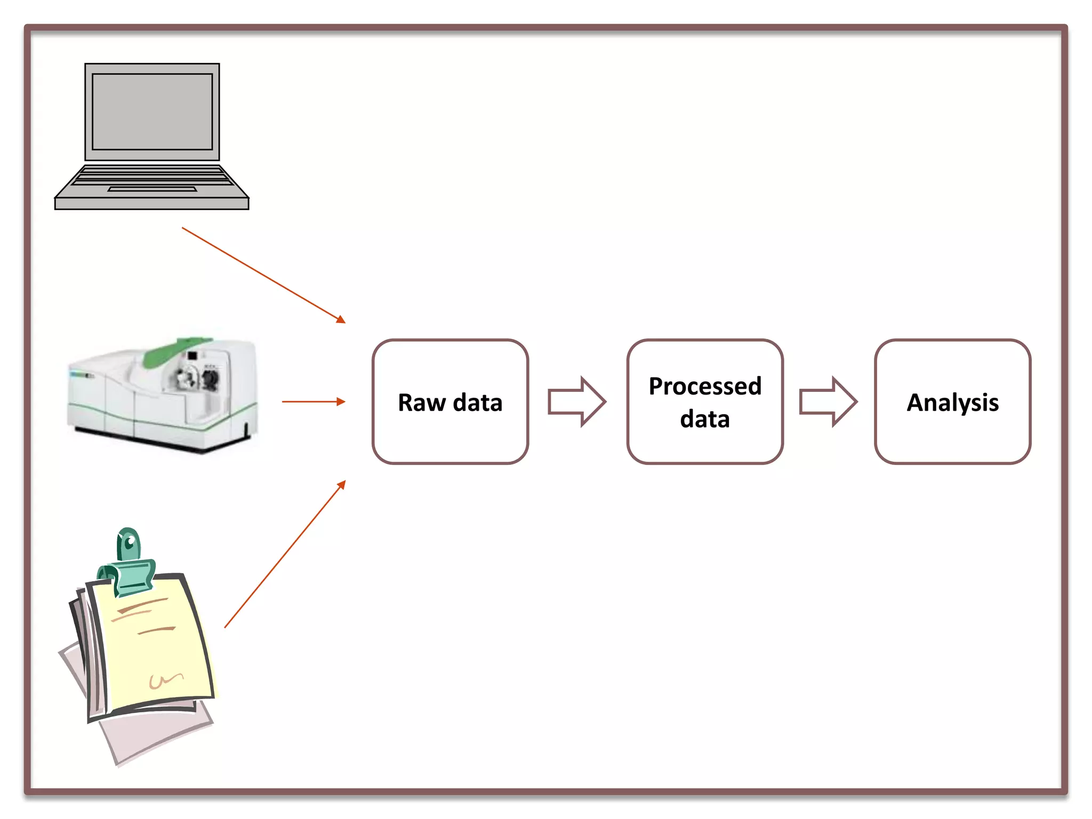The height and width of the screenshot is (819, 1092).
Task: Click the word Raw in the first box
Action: [x=422, y=403]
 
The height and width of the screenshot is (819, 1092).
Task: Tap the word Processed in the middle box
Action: [x=704, y=386]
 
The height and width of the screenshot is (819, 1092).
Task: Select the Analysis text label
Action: [x=952, y=403]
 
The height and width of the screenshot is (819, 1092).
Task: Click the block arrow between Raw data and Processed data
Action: [x=577, y=402]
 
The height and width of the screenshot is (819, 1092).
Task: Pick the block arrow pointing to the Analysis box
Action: [x=828, y=402]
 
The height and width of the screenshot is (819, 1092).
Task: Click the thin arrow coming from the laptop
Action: [x=264, y=275]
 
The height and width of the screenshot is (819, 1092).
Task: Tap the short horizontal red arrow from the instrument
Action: [x=314, y=402]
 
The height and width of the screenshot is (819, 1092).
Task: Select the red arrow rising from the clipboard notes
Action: [x=285, y=554]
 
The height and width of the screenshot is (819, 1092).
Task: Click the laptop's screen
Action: [x=152, y=111]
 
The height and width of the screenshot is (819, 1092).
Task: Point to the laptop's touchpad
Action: [x=152, y=189]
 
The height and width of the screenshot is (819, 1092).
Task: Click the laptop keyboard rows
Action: [x=152, y=174]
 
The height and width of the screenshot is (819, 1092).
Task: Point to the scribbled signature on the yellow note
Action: [x=165, y=680]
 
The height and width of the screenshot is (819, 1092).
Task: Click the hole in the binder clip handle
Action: [x=130, y=543]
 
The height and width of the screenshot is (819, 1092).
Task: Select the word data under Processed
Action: [x=704, y=419]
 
